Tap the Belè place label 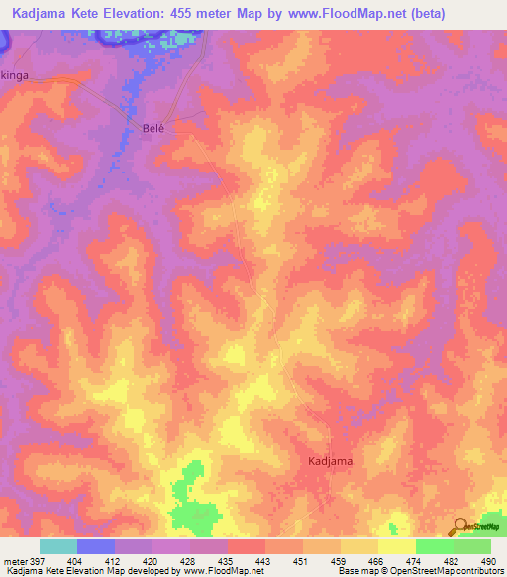(152, 129)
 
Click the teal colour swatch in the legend (58, 546)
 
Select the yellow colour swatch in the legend (397, 546)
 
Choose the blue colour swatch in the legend (96, 546)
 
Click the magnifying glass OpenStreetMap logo (458, 527)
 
